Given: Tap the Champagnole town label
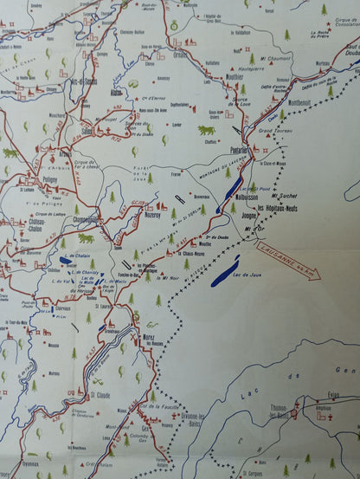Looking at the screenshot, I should pos(91,219).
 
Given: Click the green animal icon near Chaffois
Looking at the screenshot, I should pos(206,131).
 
